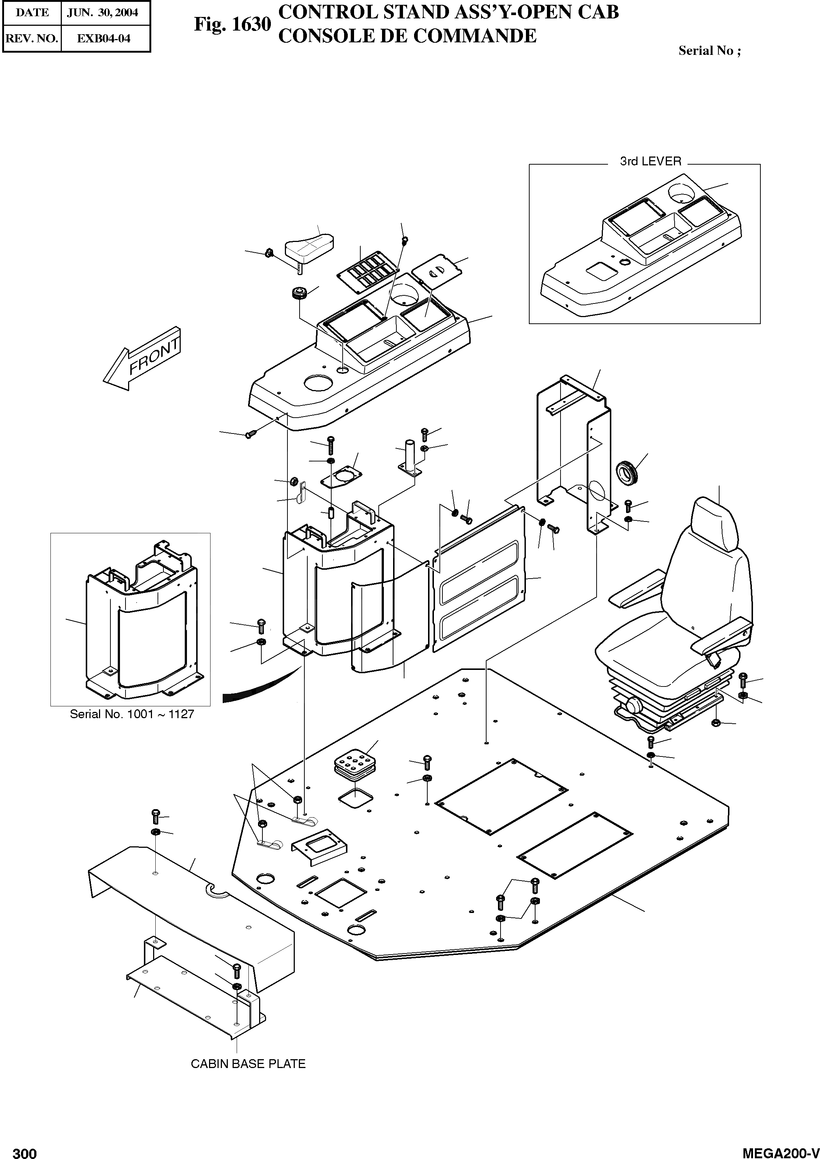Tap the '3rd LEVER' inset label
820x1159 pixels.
coord(650,162)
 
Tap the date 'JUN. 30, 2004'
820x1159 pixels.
coord(102,13)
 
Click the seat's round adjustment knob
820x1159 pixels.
coord(632,704)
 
